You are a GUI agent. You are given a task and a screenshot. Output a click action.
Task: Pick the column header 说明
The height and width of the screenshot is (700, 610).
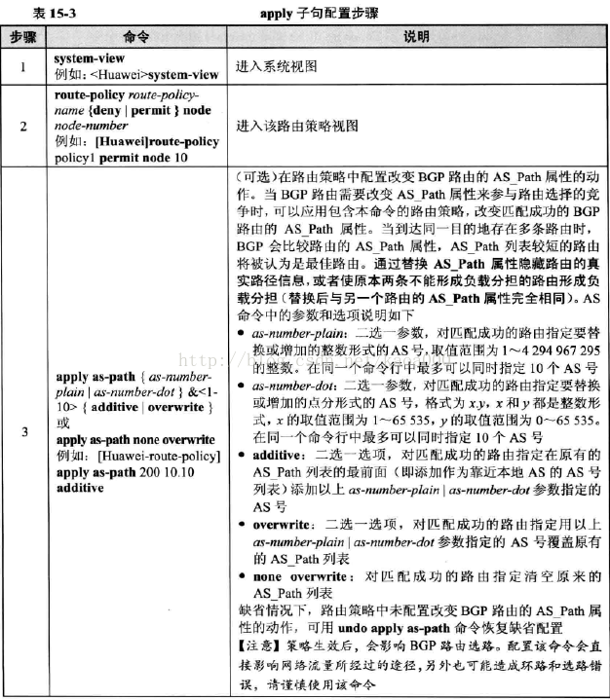(x=416, y=35)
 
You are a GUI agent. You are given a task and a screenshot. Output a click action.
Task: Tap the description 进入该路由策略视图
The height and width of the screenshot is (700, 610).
(x=291, y=127)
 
